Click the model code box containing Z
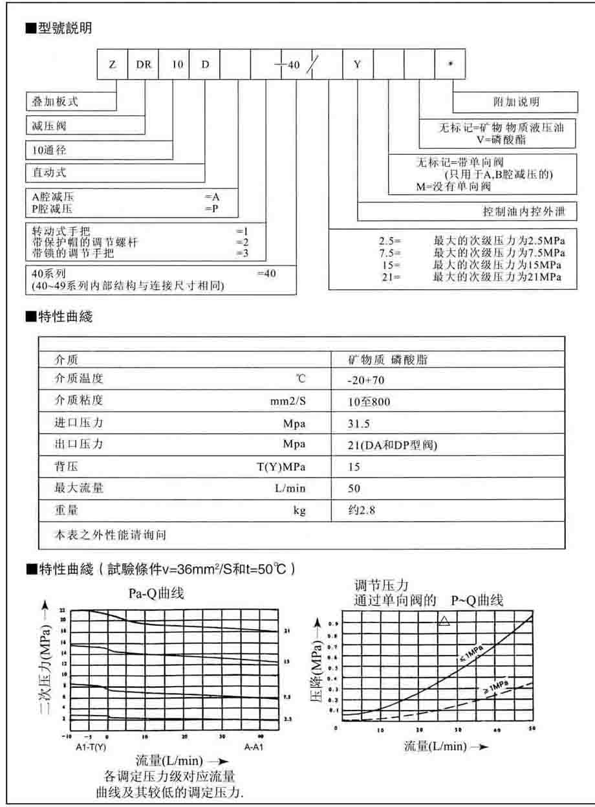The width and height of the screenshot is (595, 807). coord(113,65)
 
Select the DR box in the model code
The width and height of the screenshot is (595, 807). coord(143,65)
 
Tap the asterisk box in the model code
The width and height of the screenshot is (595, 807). coord(450,65)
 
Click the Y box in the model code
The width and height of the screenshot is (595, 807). coord(358,65)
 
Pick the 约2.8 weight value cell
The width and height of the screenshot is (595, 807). coord(362,511)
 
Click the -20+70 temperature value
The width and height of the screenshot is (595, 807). coord(367,380)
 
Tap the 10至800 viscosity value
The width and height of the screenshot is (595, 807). coord(369,402)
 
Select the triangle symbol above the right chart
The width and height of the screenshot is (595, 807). coord(444,621)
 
